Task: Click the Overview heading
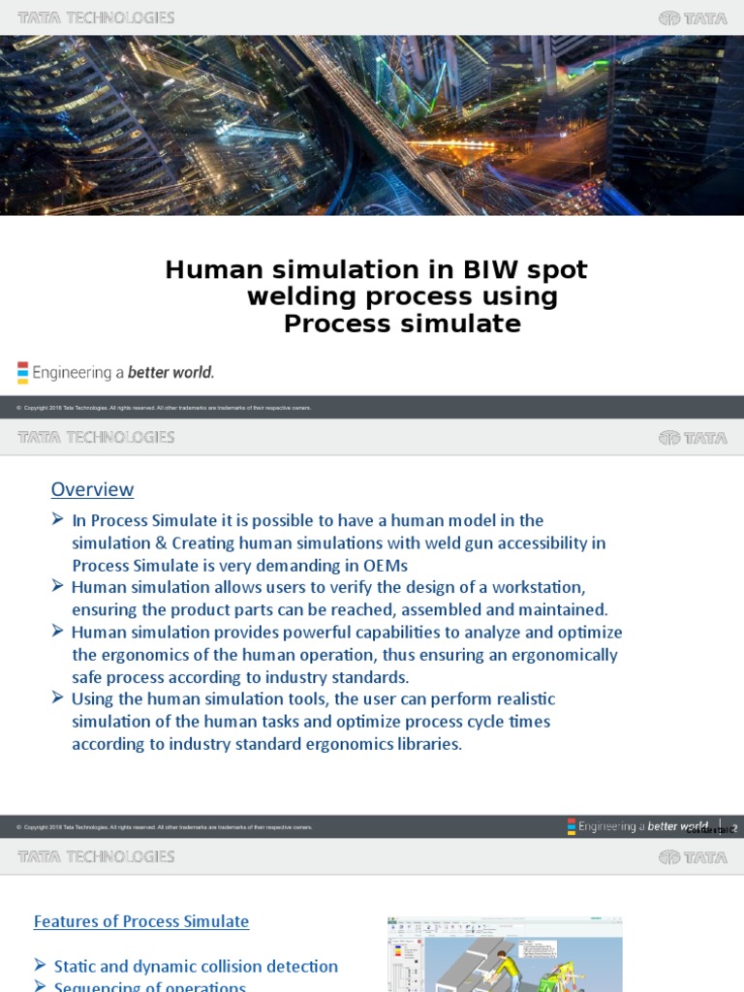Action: click(92, 489)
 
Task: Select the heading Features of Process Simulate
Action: click(141, 921)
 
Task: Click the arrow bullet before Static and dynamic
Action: click(40, 965)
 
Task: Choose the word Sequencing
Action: click(96, 987)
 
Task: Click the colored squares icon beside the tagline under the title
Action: click(22, 373)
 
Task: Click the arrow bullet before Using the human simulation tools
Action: click(58, 697)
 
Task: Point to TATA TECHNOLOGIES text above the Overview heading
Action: click(96, 438)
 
